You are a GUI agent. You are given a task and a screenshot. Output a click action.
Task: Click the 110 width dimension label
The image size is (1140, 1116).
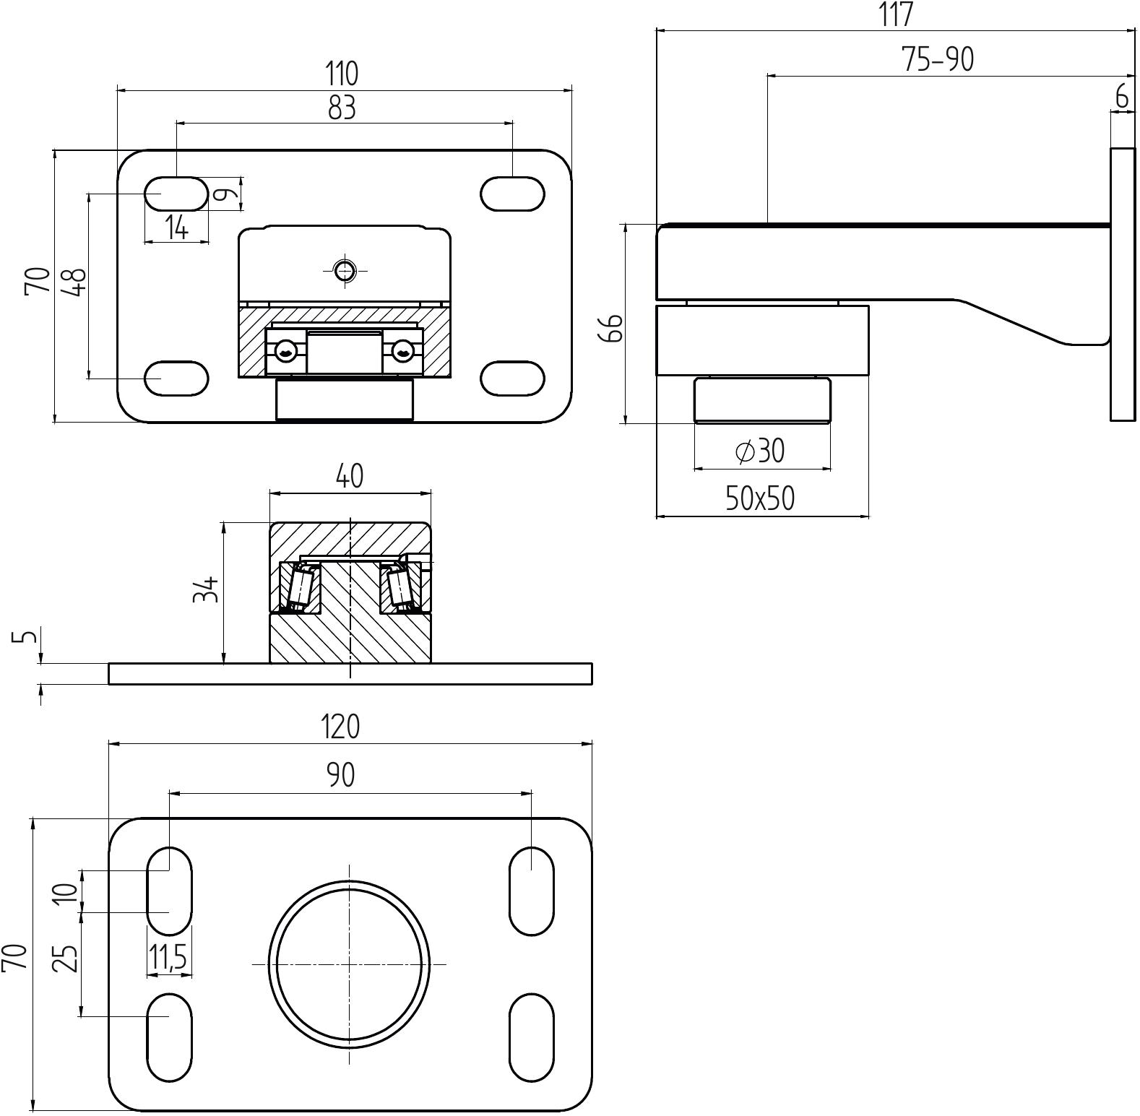click(x=342, y=74)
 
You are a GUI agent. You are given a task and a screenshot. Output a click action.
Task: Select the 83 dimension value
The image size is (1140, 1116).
click(x=342, y=108)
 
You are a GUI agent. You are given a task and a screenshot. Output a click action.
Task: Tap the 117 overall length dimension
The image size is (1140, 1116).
click(x=897, y=14)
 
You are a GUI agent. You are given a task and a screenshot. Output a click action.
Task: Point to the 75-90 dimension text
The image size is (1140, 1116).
click(x=938, y=59)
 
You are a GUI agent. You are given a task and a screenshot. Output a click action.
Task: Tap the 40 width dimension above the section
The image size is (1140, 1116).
click(x=350, y=476)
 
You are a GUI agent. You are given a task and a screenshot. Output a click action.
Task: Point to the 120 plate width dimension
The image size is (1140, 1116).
click(x=341, y=727)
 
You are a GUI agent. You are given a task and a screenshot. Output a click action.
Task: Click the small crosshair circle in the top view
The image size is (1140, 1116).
click(x=345, y=271)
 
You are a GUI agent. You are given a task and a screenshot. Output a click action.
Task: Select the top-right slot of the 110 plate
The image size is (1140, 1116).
click(x=512, y=194)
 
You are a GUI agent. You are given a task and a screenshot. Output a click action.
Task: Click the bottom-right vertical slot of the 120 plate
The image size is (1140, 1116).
click(x=532, y=1037)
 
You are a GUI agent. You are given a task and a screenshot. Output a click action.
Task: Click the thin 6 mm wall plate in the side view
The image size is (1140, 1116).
click(x=1122, y=284)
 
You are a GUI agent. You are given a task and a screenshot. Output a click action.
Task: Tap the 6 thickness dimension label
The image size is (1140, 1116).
click(x=1122, y=97)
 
